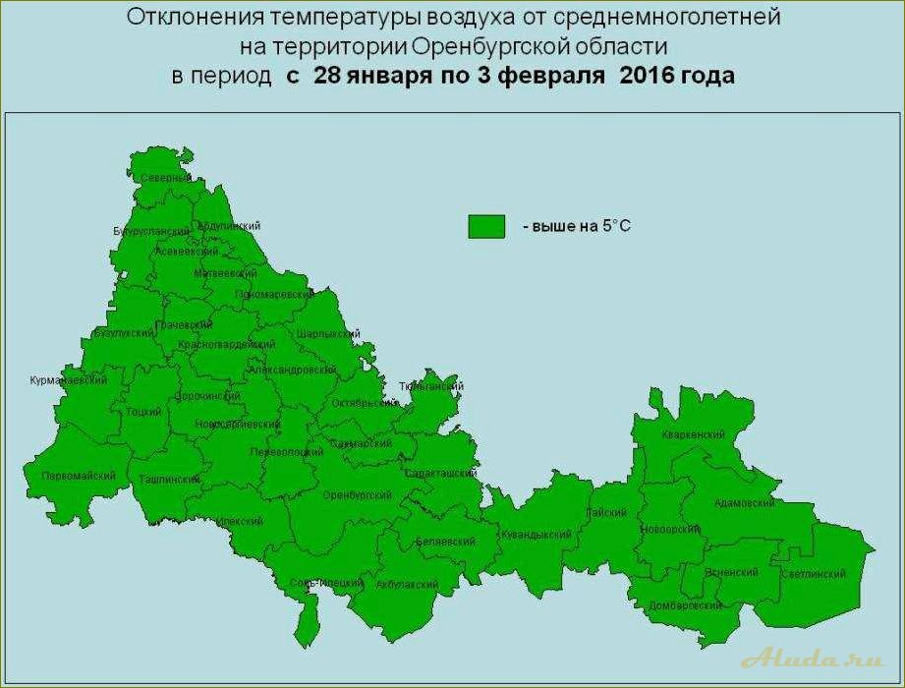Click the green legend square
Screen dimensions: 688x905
coord(485,226)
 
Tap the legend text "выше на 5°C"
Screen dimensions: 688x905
coord(575,227)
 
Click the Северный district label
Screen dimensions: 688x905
coord(164,178)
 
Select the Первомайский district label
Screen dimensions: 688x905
coord(79,476)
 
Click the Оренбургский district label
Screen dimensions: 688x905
coord(358,494)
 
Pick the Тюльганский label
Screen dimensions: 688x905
coord(430,387)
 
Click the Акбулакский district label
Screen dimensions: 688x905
coord(407,584)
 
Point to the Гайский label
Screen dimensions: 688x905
coord(605,512)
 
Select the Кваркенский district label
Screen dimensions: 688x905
coord(694,434)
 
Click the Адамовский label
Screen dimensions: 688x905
coord(744,503)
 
